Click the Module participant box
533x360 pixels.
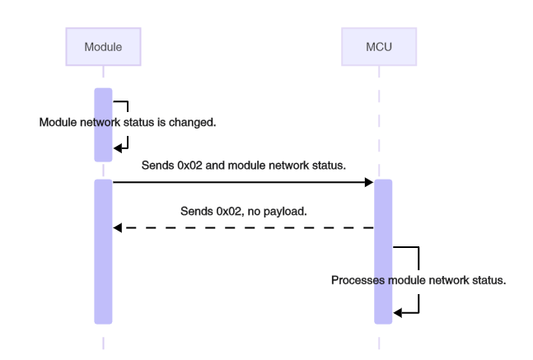103,47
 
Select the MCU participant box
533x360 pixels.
378,47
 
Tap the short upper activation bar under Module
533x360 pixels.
103,124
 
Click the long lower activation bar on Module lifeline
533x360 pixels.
103,251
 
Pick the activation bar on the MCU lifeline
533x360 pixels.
383,251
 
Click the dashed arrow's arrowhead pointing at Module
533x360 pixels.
117,227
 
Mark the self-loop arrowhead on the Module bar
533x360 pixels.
117,147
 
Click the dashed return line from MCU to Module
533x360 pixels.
247,227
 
